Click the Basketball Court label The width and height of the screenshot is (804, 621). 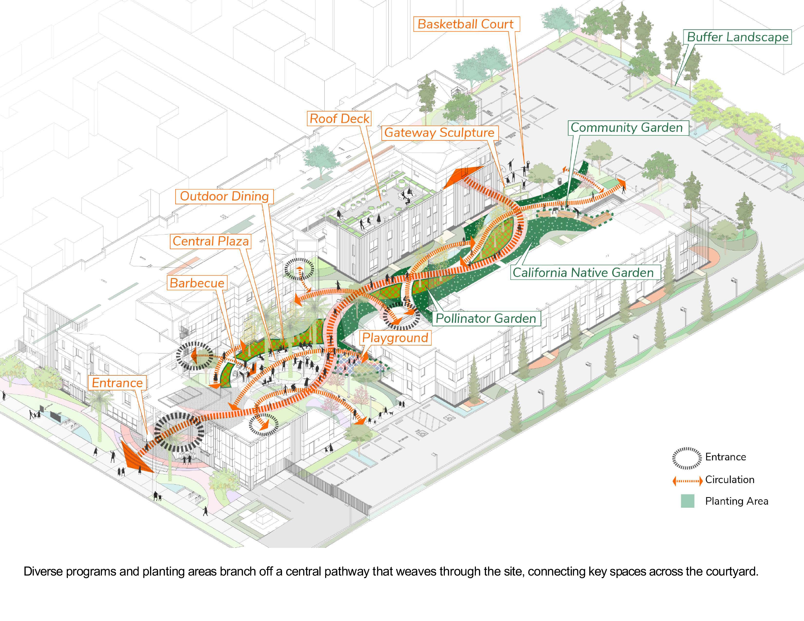pyautogui.click(x=466, y=24)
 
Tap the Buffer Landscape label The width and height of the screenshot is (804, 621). pyautogui.click(x=737, y=37)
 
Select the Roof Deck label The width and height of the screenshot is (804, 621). pyautogui.click(x=339, y=119)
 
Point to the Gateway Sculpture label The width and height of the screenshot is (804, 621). pyautogui.click(x=439, y=133)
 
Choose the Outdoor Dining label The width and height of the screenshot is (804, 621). pyautogui.click(x=224, y=196)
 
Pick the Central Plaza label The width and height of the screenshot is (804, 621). pyautogui.click(x=211, y=241)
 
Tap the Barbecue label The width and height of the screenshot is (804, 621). pyautogui.click(x=197, y=283)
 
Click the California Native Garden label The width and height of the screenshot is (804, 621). pyautogui.click(x=583, y=272)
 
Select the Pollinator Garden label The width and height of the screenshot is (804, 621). pyautogui.click(x=486, y=318)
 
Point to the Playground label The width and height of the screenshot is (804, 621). pyautogui.click(x=395, y=338)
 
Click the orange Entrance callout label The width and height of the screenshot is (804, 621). pyautogui.click(x=117, y=383)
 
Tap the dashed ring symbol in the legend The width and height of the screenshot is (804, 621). pyautogui.click(x=686, y=458)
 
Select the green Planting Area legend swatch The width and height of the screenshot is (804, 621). pyautogui.click(x=687, y=501)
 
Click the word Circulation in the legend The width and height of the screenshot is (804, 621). pyautogui.click(x=729, y=480)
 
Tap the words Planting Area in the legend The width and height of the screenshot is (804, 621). pyautogui.click(x=736, y=501)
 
